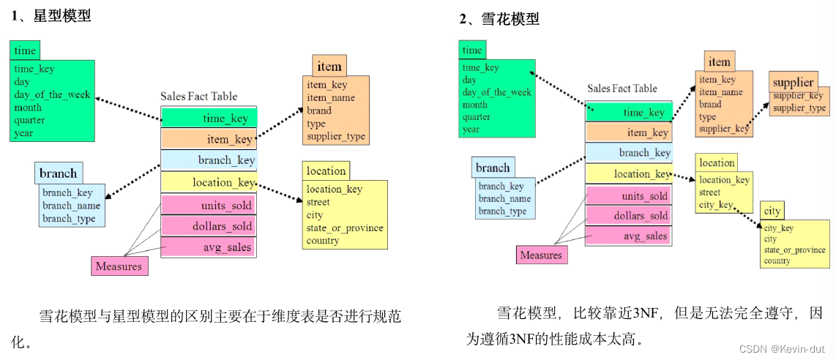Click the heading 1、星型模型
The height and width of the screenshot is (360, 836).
click(x=52, y=17)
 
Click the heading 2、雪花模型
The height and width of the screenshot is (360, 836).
click(x=499, y=20)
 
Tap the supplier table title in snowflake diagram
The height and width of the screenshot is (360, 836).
click(x=794, y=83)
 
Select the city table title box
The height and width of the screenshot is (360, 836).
click(x=772, y=211)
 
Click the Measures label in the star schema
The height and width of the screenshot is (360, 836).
click(x=119, y=266)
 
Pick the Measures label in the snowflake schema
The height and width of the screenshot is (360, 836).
click(x=541, y=255)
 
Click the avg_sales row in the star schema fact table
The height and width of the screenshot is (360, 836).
click(x=209, y=247)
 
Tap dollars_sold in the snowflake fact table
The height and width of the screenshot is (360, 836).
click(x=629, y=216)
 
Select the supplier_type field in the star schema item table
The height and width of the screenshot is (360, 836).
click(x=336, y=136)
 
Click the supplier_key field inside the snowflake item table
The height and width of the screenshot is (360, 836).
click(x=724, y=129)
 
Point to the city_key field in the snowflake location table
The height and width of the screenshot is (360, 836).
click(x=716, y=205)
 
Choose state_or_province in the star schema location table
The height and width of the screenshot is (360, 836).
click(x=344, y=228)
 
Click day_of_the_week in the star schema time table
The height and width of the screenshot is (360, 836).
click(x=52, y=95)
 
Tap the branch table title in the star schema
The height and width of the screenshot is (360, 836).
click(x=59, y=173)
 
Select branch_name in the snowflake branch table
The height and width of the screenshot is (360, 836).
click(x=504, y=198)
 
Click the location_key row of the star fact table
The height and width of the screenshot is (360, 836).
click(x=209, y=182)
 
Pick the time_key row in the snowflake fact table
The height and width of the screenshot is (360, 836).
click(x=629, y=113)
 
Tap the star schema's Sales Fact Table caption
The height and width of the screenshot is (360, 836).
click(x=199, y=97)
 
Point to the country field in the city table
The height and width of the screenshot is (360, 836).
click(x=777, y=261)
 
